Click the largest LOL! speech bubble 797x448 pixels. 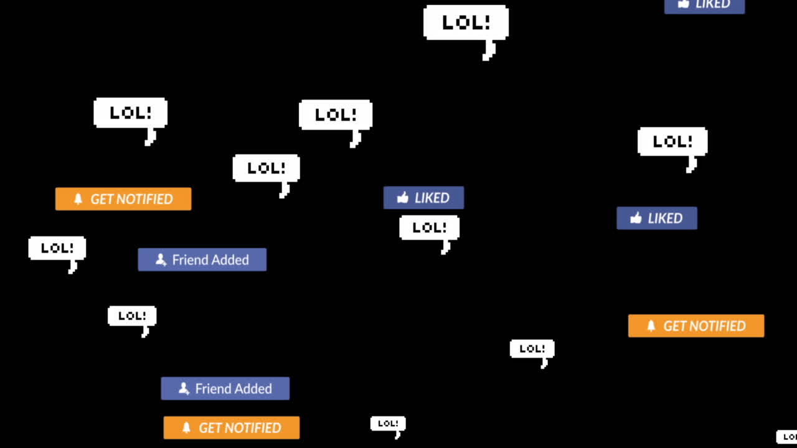[x=466, y=22]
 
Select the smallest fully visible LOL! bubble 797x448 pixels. [x=388, y=423]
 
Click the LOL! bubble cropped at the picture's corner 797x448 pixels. [x=787, y=437]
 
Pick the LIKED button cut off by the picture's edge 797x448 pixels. [x=704, y=5]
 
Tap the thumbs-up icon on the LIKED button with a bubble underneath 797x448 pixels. [x=403, y=198]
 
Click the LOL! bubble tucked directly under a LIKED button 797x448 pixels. [x=429, y=228]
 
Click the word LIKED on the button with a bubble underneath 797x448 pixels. [x=432, y=198]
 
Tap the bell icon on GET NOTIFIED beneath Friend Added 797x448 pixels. [x=186, y=428]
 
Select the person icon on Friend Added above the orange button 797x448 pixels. [x=184, y=388]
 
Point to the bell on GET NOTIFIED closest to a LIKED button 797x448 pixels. [x=651, y=326]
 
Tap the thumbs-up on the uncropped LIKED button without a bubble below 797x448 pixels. [x=636, y=218]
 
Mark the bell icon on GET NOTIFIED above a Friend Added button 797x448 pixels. [x=78, y=199]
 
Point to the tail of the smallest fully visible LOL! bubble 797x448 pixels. [x=397, y=434]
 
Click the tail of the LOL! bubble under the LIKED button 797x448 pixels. [x=446, y=248]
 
